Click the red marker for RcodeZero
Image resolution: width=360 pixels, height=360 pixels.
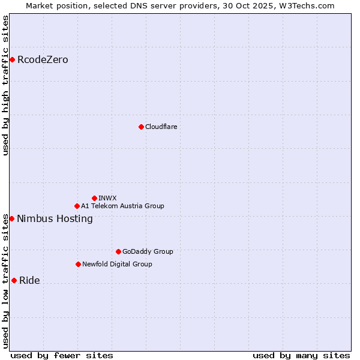click(12, 59)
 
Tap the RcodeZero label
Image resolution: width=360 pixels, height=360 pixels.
click(43, 60)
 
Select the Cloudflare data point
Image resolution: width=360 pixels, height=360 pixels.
click(141, 127)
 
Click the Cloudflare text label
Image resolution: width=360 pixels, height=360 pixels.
click(161, 127)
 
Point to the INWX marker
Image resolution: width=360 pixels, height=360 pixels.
click(94, 198)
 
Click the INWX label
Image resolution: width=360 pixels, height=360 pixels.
click(107, 198)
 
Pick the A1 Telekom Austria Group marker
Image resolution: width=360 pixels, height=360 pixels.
click(77, 206)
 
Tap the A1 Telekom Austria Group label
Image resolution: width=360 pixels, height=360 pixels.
click(122, 206)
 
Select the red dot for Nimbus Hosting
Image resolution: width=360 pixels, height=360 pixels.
click(11, 218)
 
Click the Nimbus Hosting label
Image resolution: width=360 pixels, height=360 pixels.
click(55, 219)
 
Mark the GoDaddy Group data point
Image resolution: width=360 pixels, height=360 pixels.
click(118, 251)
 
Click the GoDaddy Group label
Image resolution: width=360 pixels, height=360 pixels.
click(148, 251)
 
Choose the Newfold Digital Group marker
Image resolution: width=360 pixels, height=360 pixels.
click(78, 264)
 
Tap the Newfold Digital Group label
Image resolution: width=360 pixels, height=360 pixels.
click(117, 264)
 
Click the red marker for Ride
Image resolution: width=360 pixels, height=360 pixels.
click(14, 280)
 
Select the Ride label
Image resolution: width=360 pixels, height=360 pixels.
click(29, 281)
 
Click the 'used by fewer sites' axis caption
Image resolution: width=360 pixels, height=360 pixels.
click(62, 355)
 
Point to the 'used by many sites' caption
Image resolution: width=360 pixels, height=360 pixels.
click(301, 355)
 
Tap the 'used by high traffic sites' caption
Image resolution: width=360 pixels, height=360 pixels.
click(5, 85)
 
